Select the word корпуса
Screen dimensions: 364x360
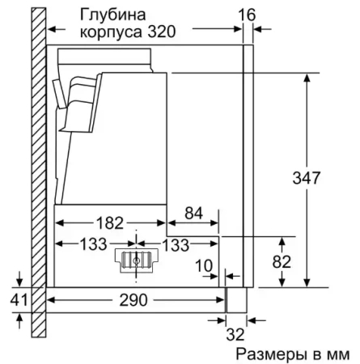click(105, 32)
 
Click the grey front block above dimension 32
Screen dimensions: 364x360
click(235, 300)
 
